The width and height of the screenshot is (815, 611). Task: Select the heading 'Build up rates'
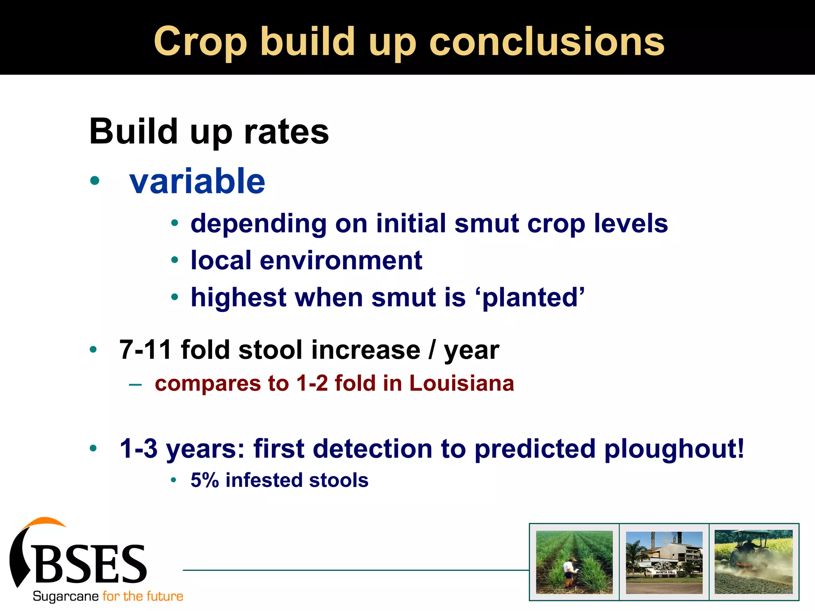pos(209,132)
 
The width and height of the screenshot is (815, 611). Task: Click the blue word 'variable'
pos(197,181)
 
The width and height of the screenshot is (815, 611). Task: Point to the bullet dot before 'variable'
pos(95,181)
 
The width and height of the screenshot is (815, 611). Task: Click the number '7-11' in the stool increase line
pos(145,350)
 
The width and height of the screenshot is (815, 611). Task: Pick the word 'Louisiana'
pos(462,383)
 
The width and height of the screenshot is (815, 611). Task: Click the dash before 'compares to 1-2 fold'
pos(135,384)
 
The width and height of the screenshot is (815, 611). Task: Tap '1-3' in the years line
pos(138,449)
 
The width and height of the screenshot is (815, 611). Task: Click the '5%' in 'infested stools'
pos(205,480)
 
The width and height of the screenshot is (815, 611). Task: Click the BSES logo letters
pos(92,564)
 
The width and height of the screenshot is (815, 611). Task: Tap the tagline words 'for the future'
pos(142,596)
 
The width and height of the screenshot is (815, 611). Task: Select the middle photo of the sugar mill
pos(664,562)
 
